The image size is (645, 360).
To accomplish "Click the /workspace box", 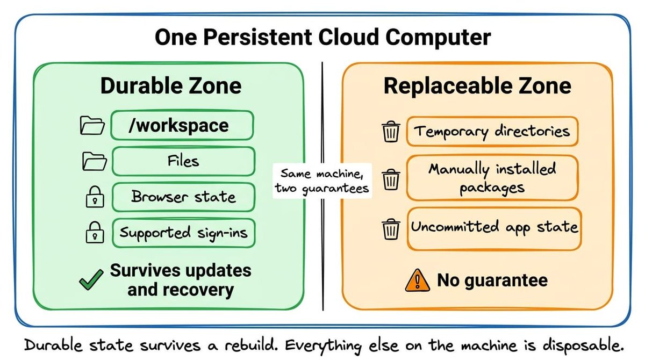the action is pos(182,125).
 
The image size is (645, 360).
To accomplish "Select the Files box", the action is pos(183,161).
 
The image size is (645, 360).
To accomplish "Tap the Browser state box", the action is pos(183,197).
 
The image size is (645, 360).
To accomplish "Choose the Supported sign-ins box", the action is pos(183,233).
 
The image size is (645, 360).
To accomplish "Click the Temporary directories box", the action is pos(492,132).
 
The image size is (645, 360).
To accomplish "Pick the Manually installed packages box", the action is pos(492,178).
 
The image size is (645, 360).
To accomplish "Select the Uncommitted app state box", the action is pos(494,229).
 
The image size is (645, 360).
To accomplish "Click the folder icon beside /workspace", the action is pos(92,126).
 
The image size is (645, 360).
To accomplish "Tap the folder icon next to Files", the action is pos(95,161).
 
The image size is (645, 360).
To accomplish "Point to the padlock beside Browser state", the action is pos(95,197).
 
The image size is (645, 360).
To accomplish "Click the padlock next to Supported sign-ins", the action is pos(95,233).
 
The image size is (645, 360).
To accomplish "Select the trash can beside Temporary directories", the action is pos(391,132).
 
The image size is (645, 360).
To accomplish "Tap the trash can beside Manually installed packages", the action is pos(391,179).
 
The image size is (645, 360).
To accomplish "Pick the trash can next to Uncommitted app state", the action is pos(391,229).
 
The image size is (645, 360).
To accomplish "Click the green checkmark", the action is pos(91,280).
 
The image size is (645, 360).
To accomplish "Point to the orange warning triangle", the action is pos(418,280).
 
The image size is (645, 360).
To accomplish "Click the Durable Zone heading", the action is pos(171,86).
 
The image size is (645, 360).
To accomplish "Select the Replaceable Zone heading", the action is pos(477,87).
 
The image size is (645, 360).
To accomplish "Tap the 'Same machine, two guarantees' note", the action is pos(322,181).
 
